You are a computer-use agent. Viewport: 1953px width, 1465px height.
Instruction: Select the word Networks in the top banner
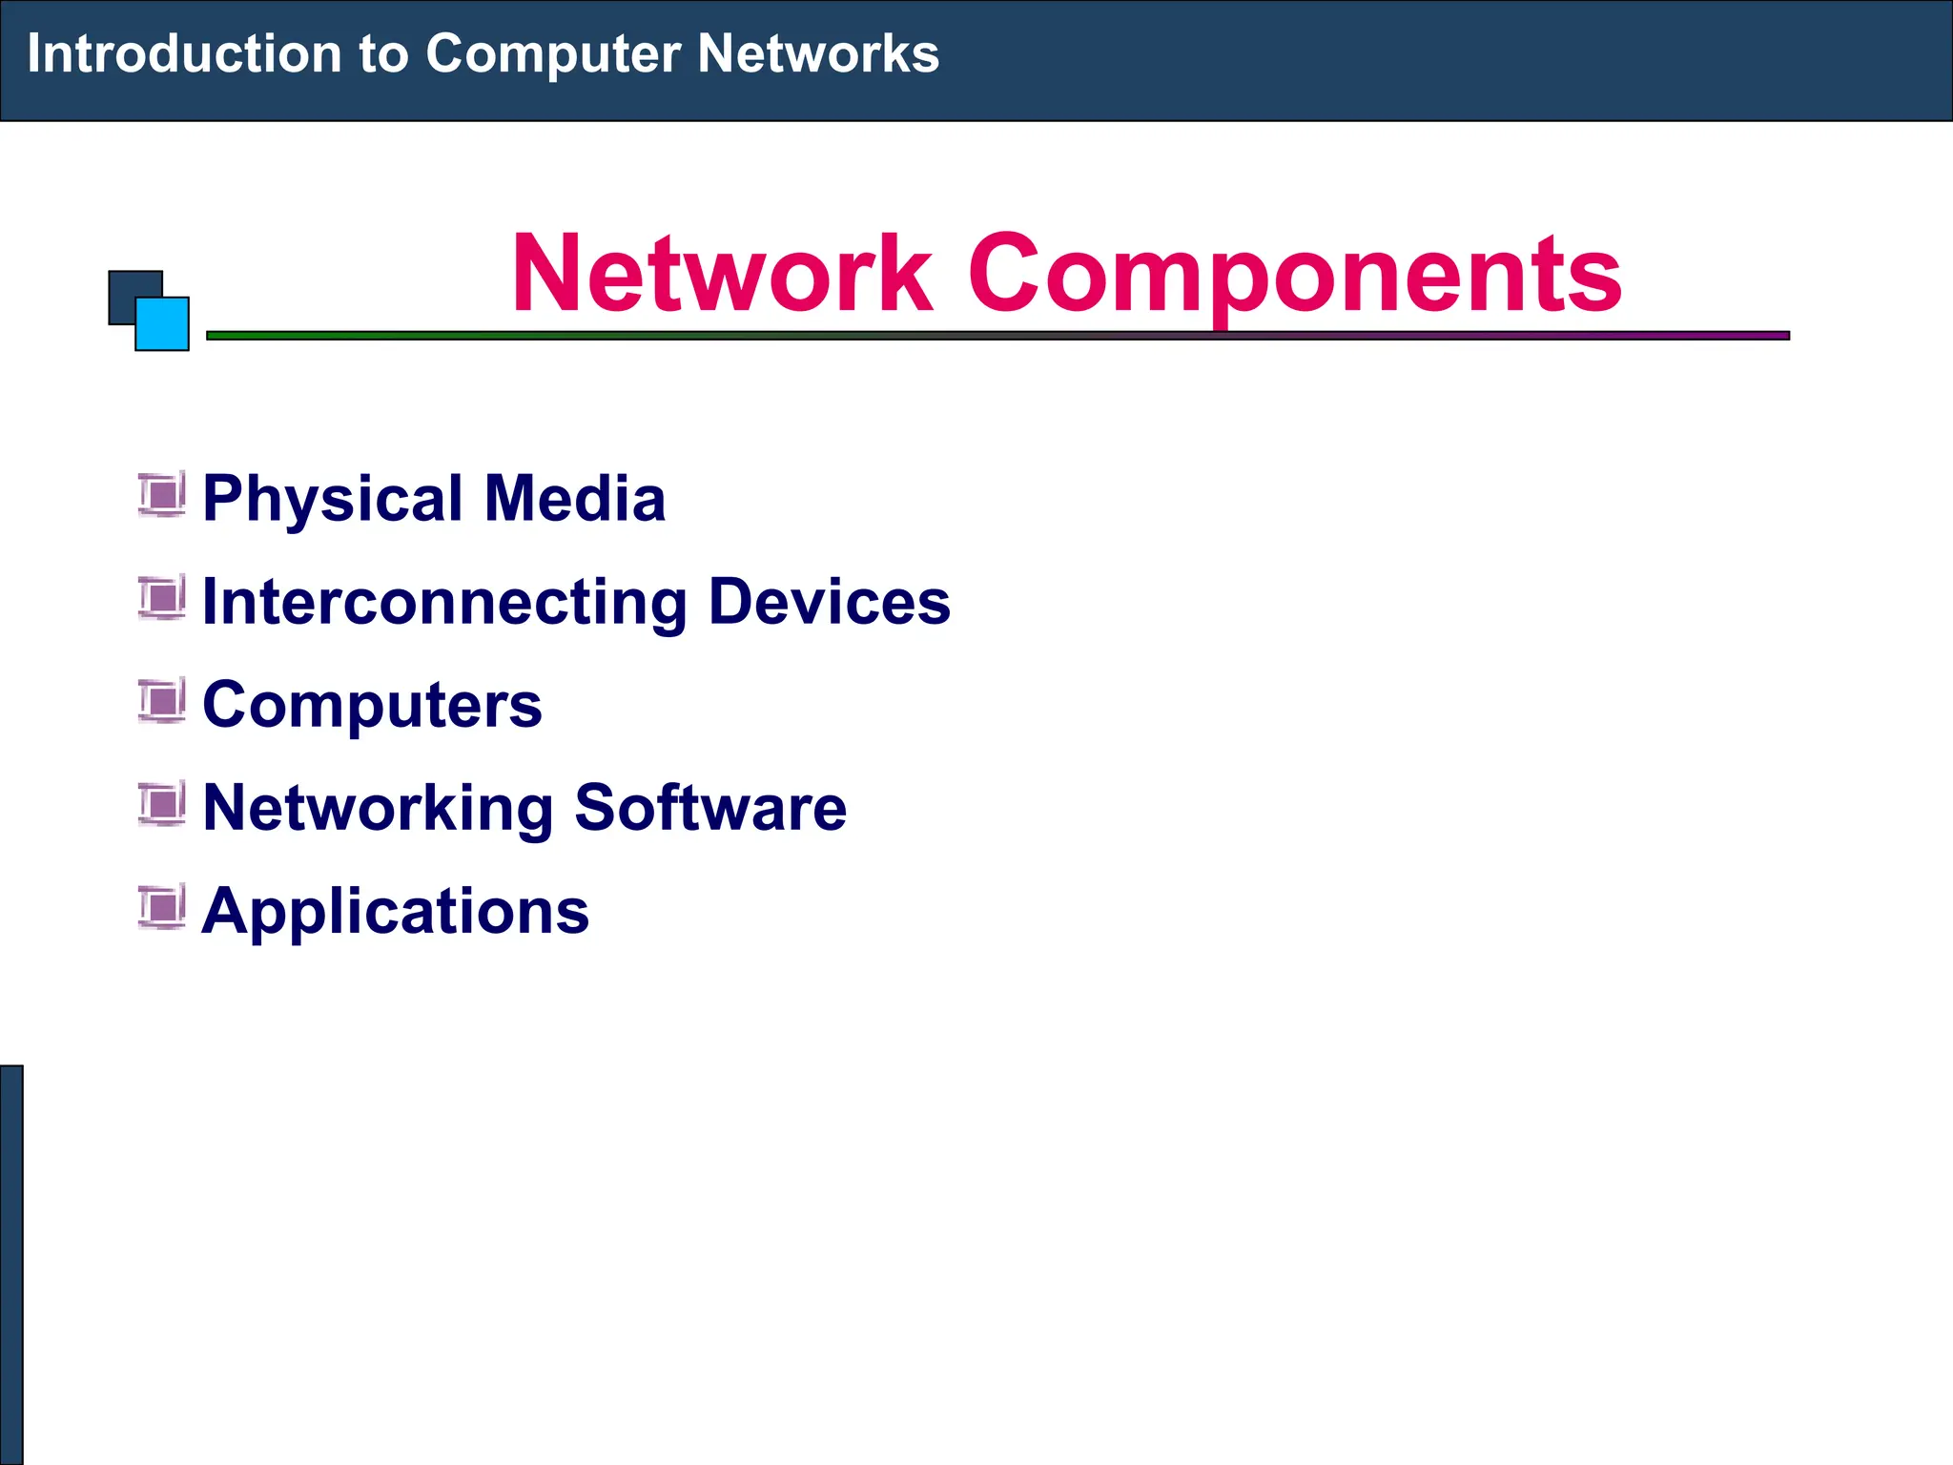point(817,53)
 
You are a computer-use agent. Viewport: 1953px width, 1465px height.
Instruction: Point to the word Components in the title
point(1294,277)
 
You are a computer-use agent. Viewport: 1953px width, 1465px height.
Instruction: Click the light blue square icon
point(163,324)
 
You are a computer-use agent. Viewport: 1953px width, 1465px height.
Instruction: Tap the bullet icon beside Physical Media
point(161,494)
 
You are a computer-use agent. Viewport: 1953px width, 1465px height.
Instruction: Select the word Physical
point(333,500)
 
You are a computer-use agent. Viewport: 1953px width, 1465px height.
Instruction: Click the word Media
point(574,498)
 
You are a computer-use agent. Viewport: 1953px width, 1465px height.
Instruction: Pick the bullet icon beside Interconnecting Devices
point(161,598)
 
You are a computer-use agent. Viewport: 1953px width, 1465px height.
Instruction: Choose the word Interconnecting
point(444,603)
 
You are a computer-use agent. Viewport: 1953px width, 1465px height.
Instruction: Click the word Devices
point(830,602)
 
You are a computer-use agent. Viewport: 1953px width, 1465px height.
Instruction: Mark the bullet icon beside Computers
point(161,701)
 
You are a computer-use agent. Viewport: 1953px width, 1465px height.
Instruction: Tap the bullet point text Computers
point(372,707)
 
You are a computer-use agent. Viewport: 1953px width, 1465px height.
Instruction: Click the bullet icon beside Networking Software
point(161,804)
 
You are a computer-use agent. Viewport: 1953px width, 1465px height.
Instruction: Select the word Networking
point(378,810)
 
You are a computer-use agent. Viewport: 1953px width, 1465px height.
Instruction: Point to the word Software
point(710,808)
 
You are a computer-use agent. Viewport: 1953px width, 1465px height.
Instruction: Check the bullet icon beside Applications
point(161,907)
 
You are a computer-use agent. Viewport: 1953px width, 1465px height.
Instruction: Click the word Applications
point(396,913)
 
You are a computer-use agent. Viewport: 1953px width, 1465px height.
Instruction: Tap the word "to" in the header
point(383,54)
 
